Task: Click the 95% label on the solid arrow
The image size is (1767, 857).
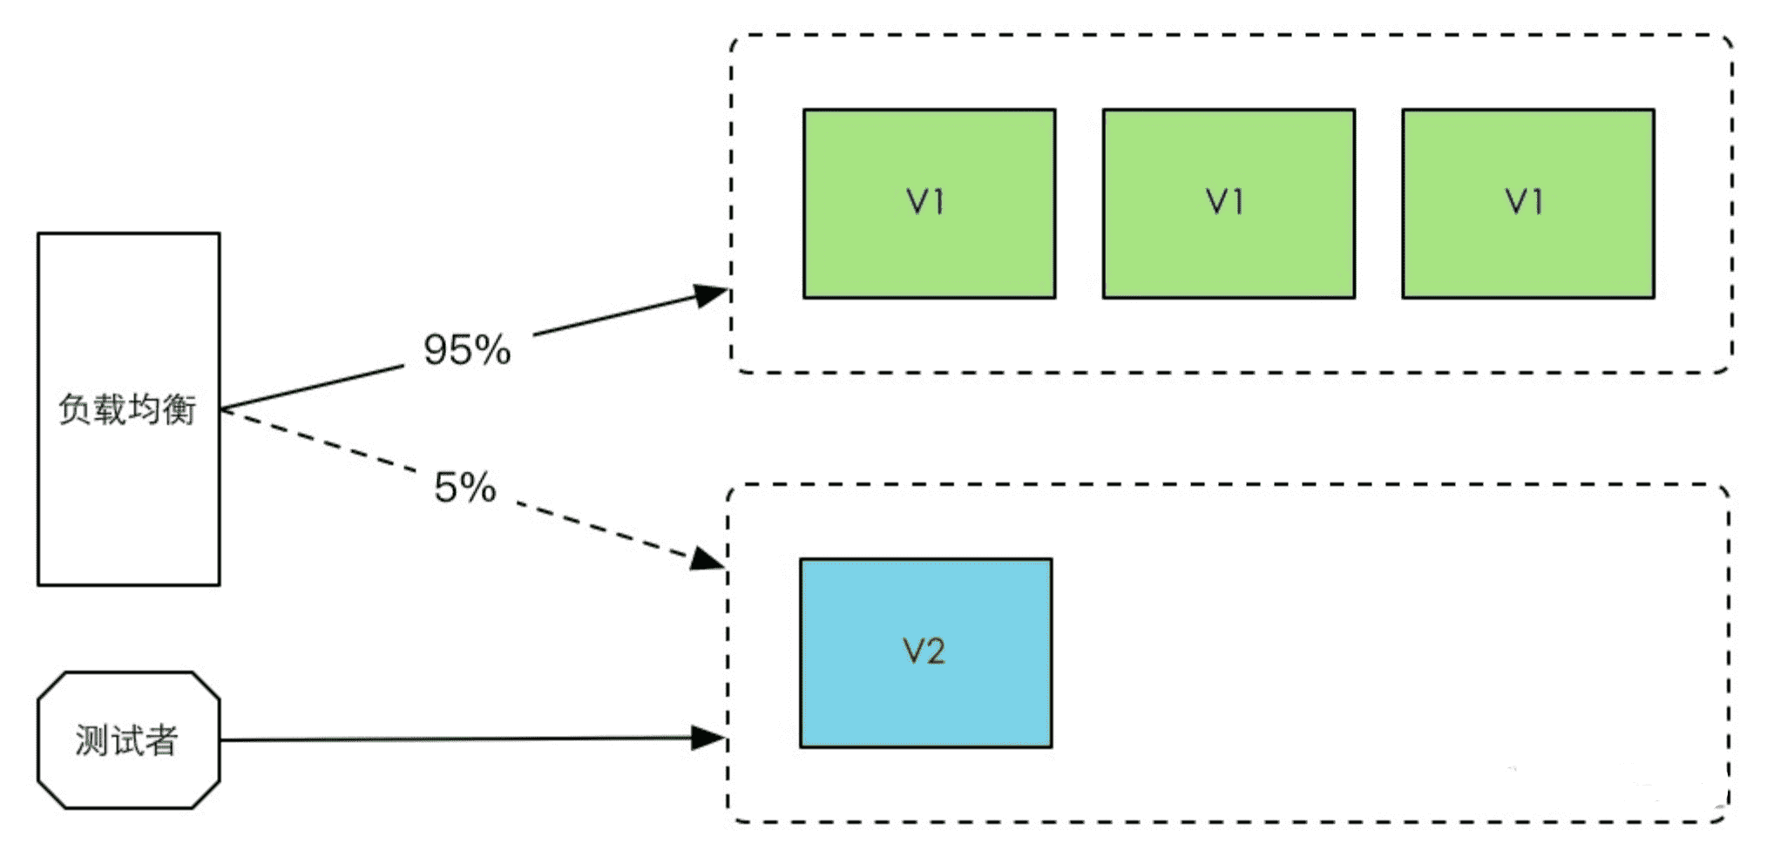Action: [x=467, y=350]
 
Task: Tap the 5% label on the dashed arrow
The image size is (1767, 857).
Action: [x=465, y=488]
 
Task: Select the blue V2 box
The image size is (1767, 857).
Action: [x=925, y=653]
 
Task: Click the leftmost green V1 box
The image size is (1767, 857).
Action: [x=929, y=204]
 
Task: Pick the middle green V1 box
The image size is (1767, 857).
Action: [x=1229, y=204]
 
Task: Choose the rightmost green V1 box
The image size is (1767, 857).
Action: [x=1528, y=204]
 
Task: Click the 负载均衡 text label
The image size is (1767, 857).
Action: [x=127, y=409]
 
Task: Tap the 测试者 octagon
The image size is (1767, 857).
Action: [x=129, y=740]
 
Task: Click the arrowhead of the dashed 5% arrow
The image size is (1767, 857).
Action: [x=707, y=557]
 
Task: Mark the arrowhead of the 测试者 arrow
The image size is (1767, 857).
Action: [x=708, y=739]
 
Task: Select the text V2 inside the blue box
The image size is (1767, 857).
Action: [x=924, y=651]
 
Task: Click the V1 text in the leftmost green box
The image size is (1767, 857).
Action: [x=925, y=202]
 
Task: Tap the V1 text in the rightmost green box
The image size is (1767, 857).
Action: [x=1525, y=202]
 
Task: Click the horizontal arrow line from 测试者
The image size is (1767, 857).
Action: [x=473, y=739]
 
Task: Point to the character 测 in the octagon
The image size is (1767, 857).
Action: [x=91, y=741]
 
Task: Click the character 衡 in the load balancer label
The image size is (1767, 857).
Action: [x=180, y=409]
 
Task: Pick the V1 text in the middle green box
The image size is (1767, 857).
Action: [x=1225, y=202]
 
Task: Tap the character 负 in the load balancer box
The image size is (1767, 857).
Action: [x=75, y=409]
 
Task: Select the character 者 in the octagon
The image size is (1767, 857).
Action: [x=162, y=741]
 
